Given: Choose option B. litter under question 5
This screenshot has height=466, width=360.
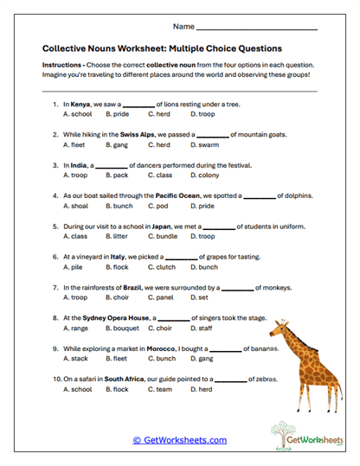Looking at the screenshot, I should (117, 236).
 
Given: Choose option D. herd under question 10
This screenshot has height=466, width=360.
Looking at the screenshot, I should (202, 389).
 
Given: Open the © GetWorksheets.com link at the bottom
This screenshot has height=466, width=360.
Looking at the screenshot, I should (179, 440).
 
